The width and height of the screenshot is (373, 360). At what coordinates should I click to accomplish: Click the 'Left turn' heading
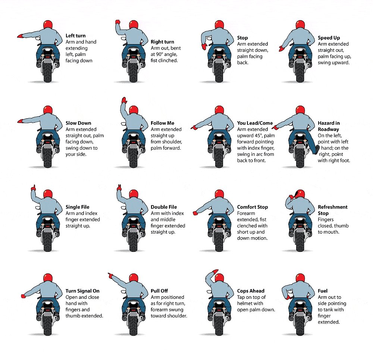[x=75, y=36]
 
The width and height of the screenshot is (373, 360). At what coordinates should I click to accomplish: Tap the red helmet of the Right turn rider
[x=134, y=25]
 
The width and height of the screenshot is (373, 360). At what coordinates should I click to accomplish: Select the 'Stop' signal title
[x=242, y=38]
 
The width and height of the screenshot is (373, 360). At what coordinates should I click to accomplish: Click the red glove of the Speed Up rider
[x=281, y=48]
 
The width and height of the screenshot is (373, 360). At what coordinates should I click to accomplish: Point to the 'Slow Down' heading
[x=78, y=123]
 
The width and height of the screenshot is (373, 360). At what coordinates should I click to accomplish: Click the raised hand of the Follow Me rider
[x=124, y=100]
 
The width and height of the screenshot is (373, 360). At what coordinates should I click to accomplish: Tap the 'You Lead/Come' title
[x=255, y=123]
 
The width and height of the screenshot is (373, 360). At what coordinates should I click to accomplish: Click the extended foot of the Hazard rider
[x=317, y=150]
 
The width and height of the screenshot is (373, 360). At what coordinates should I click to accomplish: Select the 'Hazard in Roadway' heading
[x=329, y=126]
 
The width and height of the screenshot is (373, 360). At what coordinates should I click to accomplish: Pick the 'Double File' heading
[x=164, y=207]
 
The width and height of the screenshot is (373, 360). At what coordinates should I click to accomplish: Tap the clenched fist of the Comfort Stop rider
[x=195, y=213]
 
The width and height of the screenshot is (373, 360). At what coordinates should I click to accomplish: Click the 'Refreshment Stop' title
[x=333, y=210]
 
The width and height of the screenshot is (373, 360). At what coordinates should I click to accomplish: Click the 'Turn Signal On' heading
[x=82, y=291]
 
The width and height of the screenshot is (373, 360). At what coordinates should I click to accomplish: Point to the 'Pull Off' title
[x=159, y=291]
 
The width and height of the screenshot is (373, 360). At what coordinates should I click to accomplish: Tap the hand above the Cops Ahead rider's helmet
[x=215, y=272]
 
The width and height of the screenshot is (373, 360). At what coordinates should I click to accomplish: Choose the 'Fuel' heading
[x=323, y=291]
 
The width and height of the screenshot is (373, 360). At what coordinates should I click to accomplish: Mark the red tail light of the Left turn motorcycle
[x=48, y=57]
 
